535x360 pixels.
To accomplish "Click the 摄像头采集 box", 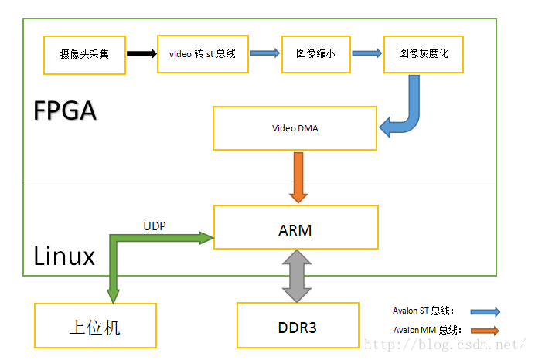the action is pos(84,55).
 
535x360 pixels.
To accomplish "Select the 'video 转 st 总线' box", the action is pos(203,54).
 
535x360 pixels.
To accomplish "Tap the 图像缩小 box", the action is pos(316,54).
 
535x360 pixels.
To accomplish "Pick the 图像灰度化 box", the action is pos(424,54).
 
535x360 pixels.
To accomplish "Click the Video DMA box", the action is pos(295,128).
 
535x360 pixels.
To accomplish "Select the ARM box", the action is pos(296,227).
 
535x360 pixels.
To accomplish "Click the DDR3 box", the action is pos(298,325).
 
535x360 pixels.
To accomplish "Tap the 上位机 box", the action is pos(96,325).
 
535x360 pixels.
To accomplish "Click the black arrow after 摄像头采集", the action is pos(141,53).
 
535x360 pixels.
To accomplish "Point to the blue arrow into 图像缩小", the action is pos(264,53).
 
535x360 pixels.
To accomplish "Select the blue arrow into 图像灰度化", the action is pos(366,53).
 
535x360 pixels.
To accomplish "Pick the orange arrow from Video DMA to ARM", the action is pos(298,178).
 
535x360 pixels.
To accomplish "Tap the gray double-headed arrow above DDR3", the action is pos(297,276).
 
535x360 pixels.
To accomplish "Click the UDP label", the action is pos(155,226).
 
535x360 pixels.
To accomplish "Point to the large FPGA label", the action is pos(65,110).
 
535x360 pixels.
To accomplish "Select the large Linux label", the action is pos(64,256).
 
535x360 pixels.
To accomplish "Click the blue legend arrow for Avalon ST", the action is pos(486,311).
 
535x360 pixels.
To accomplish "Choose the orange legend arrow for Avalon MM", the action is pos(485,331).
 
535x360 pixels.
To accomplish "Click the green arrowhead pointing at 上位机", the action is pos(114,296).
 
